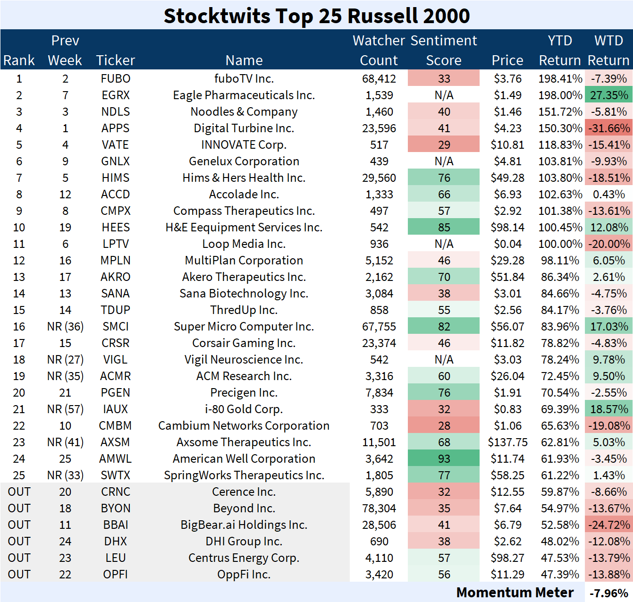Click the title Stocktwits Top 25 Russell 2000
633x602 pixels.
tap(316, 16)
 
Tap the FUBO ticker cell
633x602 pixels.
tap(116, 78)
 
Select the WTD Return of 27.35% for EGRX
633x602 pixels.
tap(608, 95)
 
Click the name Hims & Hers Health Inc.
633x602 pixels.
tap(244, 178)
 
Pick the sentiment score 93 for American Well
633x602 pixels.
tap(444, 458)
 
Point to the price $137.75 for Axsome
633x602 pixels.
tap(507, 442)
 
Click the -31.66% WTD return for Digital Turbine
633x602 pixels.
tap(608, 128)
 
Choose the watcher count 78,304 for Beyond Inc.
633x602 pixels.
tap(379, 508)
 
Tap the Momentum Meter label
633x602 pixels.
tap(515, 592)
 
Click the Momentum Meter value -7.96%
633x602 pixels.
tap(609, 593)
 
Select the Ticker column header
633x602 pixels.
tap(116, 60)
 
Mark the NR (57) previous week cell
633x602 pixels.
tap(65, 409)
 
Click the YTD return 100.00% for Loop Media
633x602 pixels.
tap(560, 244)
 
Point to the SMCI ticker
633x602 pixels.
tap(116, 326)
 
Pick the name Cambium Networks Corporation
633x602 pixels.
tap(244, 425)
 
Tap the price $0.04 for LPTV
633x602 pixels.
tap(507, 244)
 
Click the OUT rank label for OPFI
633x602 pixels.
tap(19, 574)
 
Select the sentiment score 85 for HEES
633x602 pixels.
tap(444, 227)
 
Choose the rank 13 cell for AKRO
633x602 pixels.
tap(19, 277)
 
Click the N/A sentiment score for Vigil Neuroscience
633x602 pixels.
tap(444, 359)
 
